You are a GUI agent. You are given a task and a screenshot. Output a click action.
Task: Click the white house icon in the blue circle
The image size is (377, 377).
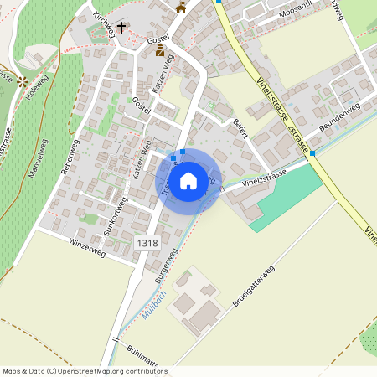pos(188,180)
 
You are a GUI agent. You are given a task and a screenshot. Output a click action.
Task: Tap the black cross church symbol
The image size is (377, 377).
pos(121,27)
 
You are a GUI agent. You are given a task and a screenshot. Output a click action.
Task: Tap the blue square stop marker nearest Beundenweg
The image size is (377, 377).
pos(312,153)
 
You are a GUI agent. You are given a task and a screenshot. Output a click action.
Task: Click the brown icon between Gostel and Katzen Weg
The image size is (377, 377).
pos(160,52)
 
